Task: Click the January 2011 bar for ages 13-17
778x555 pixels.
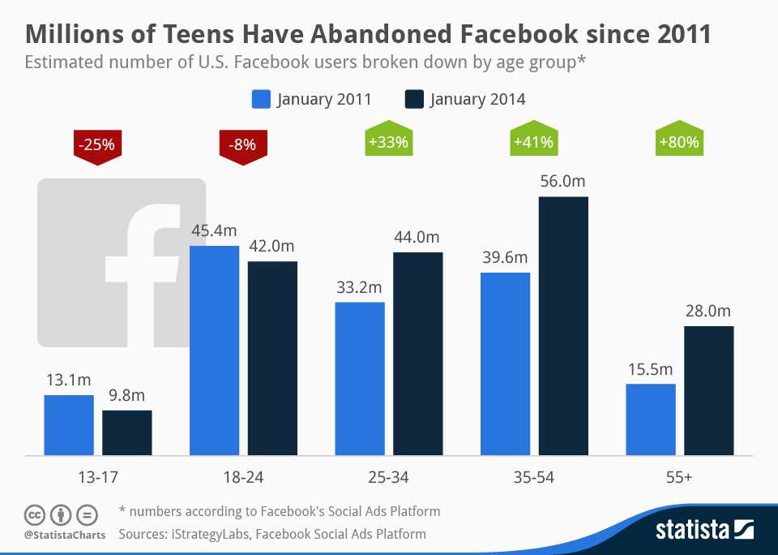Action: coord(69,425)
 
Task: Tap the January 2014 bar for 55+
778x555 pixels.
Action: coord(709,391)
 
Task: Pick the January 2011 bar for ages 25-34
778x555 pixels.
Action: coord(360,379)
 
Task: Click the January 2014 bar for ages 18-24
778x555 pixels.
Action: coord(272,359)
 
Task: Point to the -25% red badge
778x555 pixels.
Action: coord(96,146)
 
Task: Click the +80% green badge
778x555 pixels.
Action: coord(679,143)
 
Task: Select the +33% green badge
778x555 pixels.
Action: coord(388,143)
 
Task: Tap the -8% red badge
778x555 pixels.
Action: coord(242,146)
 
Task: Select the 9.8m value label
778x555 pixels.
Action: coord(126,396)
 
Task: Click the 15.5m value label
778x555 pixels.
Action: coord(651,369)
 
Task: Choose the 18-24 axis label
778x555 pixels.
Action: coord(242,478)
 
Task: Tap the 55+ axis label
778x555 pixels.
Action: coord(679,478)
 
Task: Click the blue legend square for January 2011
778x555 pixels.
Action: coord(260,100)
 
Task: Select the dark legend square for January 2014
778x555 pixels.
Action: coord(413,100)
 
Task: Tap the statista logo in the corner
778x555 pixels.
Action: coord(704,531)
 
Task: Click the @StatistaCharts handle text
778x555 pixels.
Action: coord(62,536)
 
